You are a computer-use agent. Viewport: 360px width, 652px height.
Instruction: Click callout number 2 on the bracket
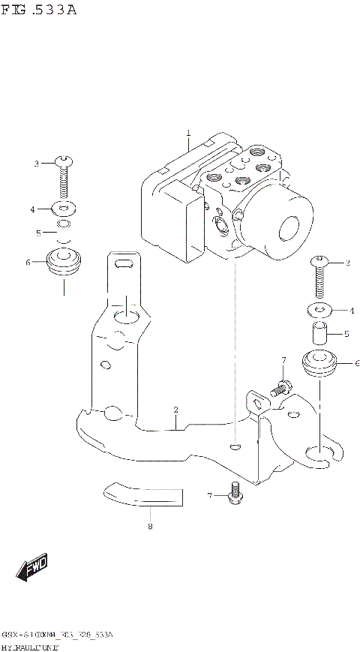coord(175,410)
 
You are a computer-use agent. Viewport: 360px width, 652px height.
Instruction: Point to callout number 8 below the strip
coord(150,527)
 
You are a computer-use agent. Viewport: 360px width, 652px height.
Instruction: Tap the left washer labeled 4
coord(64,208)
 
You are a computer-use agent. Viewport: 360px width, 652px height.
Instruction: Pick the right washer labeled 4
coord(319,309)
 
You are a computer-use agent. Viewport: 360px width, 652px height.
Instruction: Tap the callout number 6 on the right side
coord(357,363)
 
